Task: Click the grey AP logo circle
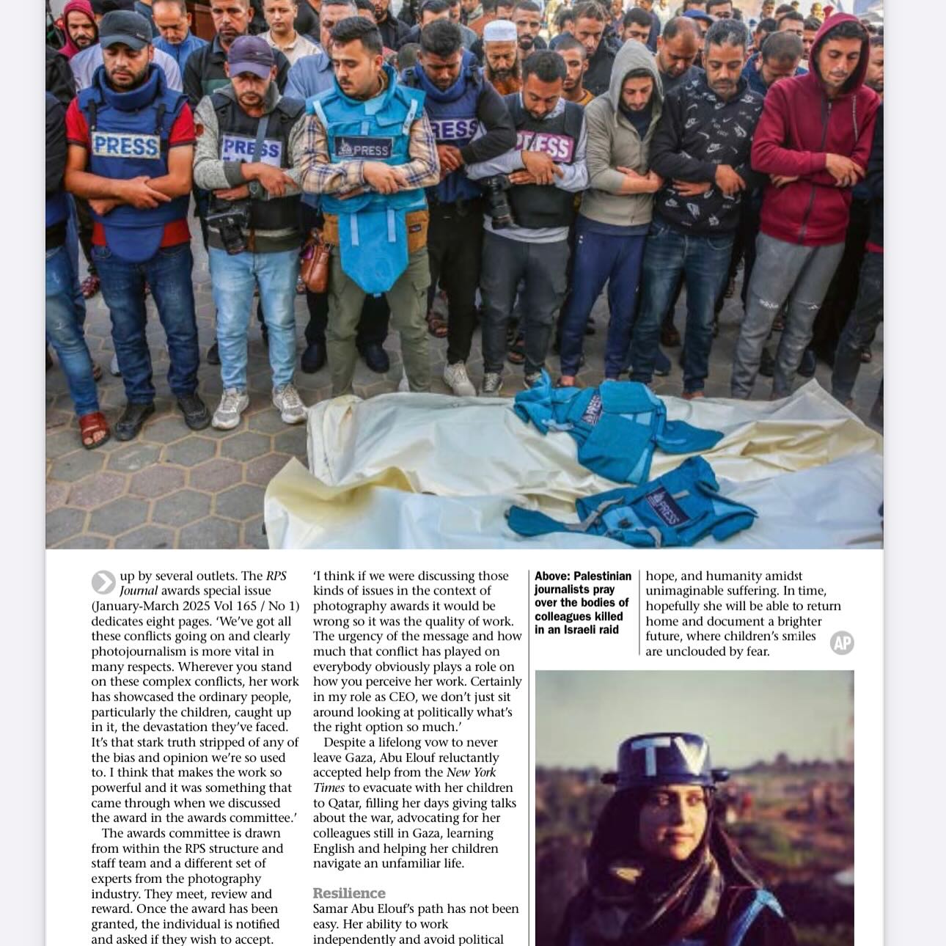[842, 643]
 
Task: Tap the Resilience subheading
[349, 893]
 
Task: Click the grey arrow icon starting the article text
[103, 582]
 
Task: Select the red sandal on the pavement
[94, 428]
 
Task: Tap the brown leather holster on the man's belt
[316, 260]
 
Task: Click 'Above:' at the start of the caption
[552, 576]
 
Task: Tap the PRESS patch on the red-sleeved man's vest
[126, 145]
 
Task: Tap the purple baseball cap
[249, 55]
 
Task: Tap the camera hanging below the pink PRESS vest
[500, 199]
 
